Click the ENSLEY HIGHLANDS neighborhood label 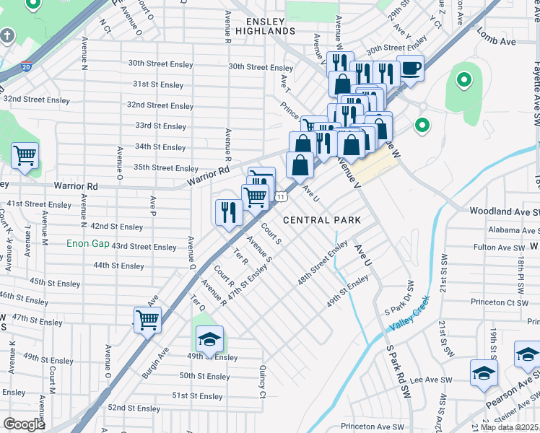[x=270, y=27]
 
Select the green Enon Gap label [x=88, y=244]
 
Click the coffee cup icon [x=411, y=69]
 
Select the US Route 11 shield [x=281, y=196]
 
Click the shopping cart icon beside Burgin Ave [x=148, y=320]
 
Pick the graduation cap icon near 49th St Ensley [x=209, y=339]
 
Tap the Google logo [x=24, y=424]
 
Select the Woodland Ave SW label [x=504, y=211]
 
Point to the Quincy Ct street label [x=262, y=382]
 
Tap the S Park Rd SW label [x=397, y=372]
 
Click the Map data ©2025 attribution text [x=508, y=427]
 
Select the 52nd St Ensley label [x=134, y=408]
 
